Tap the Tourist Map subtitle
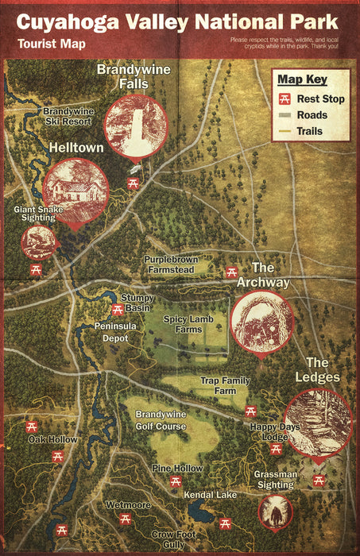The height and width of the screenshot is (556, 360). (50, 44)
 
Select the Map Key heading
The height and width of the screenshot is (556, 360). (302, 79)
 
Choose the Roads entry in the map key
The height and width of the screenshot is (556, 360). (312, 114)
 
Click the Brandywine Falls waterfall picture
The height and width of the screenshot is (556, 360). (136, 125)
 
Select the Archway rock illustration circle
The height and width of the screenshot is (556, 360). (261, 321)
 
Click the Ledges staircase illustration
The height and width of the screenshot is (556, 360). (318, 423)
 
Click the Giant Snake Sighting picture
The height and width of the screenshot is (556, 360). (38, 243)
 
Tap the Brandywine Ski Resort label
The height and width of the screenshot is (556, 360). (68, 116)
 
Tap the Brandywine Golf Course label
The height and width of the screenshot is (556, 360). (161, 420)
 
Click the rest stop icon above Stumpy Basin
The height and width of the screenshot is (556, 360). (118, 310)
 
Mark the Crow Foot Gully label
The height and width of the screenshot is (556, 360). (173, 539)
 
